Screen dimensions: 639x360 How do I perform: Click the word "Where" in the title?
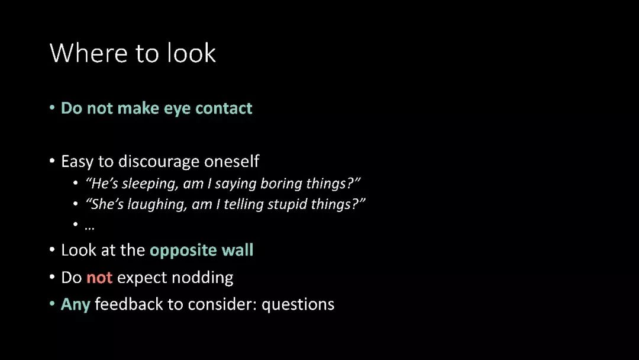(x=88, y=53)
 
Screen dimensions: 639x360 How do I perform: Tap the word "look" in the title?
(x=191, y=53)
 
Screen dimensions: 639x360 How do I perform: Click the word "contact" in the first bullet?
(x=224, y=108)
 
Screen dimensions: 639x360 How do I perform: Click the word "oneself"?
(x=231, y=162)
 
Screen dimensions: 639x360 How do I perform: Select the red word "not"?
(x=99, y=278)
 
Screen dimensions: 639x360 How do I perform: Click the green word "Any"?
(x=75, y=305)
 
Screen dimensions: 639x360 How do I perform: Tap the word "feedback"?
(x=129, y=304)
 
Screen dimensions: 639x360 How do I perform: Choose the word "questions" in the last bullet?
(x=298, y=305)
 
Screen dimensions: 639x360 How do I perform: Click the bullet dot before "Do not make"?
(x=52, y=108)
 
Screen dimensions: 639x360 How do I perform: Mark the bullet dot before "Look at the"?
(x=52, y=249)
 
